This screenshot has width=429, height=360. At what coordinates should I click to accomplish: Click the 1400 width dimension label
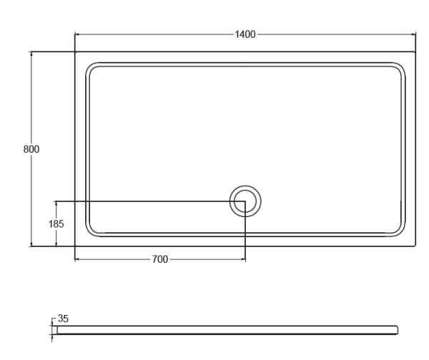pos(245,34)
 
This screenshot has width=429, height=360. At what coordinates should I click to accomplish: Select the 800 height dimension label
pos(31,149)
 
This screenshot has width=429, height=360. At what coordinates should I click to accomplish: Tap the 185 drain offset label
pos(56,224)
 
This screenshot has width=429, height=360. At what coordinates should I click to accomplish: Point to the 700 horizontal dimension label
pos(160,259)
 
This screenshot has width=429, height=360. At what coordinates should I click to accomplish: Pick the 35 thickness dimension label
pos(63,319)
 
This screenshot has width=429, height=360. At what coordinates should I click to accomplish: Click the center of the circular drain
pos(245,201)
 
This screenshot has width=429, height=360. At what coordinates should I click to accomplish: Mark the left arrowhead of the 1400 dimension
pos(77,34)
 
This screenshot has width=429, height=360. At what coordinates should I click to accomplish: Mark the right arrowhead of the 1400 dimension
pos(413,34)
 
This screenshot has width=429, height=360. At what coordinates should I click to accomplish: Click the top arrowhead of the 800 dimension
pos(31,54)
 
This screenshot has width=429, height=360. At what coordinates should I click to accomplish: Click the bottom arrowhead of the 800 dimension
pos(31,244)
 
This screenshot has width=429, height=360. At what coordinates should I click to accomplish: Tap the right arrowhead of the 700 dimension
pos(243,259)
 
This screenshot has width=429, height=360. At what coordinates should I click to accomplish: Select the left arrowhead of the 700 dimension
pos(77,259)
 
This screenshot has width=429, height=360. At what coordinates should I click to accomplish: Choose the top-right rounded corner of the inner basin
pos(400,68)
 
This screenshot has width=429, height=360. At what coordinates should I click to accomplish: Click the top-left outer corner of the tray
pos(75,51)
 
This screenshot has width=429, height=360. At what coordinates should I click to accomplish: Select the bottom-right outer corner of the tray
pos(415,246)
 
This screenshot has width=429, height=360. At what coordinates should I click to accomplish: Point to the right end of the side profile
pos(398,330)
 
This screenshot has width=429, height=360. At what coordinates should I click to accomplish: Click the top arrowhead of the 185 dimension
pos(56,204)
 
